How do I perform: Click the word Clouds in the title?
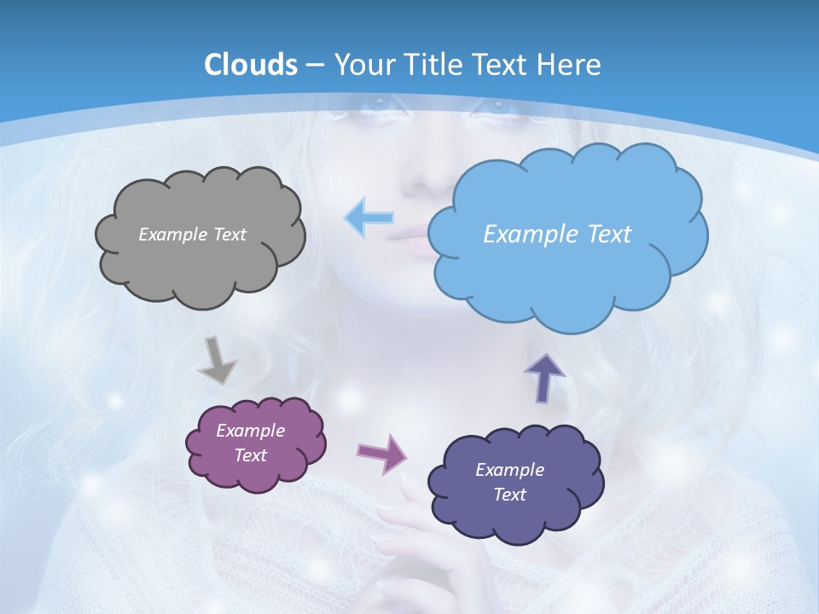coord(251,65)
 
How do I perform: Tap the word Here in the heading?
coord(570,65)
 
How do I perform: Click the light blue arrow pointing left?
coord(369,217)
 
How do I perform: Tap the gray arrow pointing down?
coord(217,359)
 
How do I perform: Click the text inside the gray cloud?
coord(192,235)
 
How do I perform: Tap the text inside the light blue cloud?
coord(557,235)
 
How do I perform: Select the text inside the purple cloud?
coord(250,443)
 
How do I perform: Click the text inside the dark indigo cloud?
coord(509,482)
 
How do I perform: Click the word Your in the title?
coord(359,65)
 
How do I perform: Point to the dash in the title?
coord(315,66)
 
